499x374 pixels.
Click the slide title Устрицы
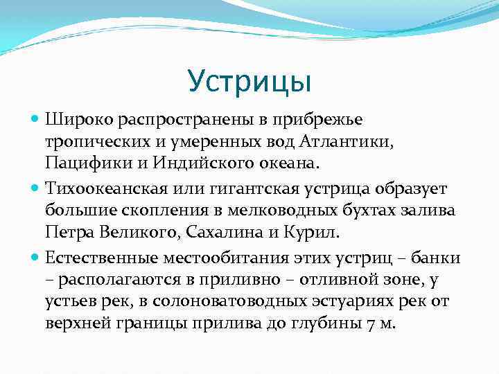249,81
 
